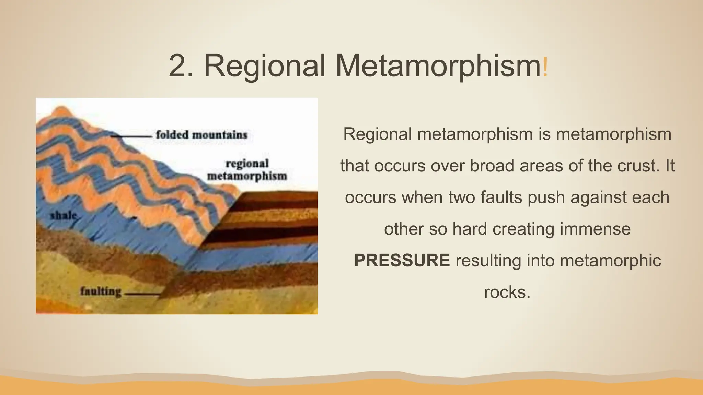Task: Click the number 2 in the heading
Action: pyautogui.click(x=177, y=66)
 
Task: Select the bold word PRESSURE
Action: pyautogui.click(x=402, y=260)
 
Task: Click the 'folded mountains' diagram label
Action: pyautogui.click(x=201, y=135)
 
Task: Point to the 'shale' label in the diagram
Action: pyautogui.click(x=63, y=216)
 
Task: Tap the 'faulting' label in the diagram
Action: pyautogui.click(x=101, y=291)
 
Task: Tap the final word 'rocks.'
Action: pyautogui.click(x=507, y=292)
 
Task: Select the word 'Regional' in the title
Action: pyautogui.click(x=265, y=66)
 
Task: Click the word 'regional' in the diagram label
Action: pyautogui.click(x=247, y=164)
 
